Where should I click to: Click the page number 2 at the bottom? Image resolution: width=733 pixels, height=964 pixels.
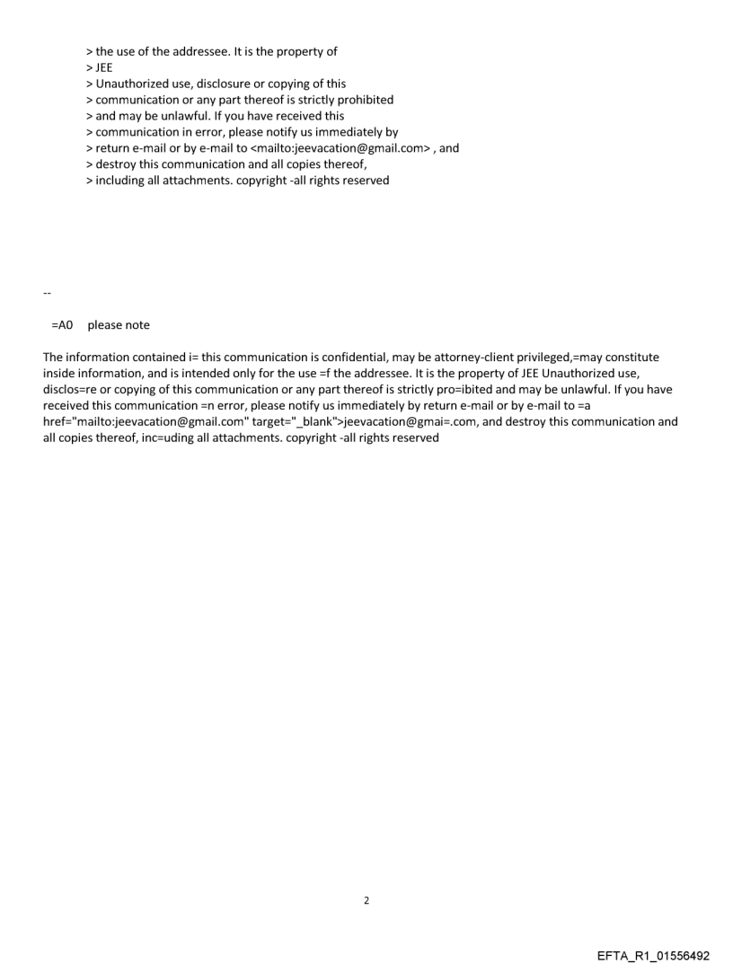tap(366, 900)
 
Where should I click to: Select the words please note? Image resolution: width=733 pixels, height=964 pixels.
tap(119, 325)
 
